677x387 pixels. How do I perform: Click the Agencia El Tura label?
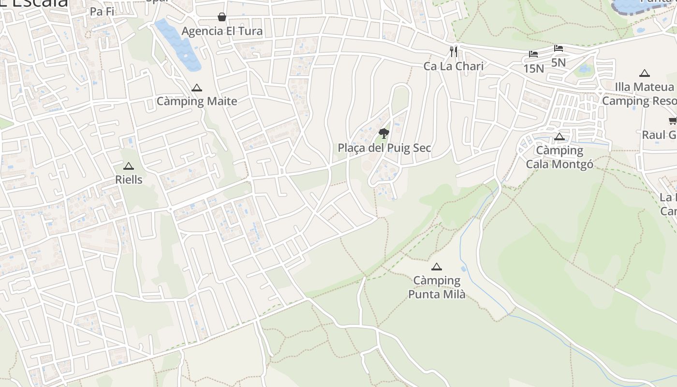point(222,31)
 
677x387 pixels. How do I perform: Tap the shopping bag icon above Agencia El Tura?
point(222,17)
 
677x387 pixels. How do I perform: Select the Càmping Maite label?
point(197,101)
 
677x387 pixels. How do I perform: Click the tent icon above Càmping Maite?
point(196,88)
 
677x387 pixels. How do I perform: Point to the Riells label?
point(129,179)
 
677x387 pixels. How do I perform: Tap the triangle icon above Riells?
point(128,166)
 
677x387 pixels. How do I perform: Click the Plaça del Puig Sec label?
point(384,148)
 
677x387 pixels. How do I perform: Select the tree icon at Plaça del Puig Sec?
point(384,133)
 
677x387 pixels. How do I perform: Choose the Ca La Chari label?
point(453,66)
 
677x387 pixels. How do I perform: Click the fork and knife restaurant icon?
point(454,51)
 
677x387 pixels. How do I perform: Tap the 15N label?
point(533,68)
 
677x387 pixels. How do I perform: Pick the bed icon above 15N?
point(533,54)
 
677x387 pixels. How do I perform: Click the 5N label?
point(558,62)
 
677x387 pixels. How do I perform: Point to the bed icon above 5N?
point(559,48)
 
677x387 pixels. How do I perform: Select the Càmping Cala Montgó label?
point(559,157)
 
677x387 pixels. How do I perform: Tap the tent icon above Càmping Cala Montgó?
point(559,137)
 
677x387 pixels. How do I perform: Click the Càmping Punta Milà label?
point(437,287)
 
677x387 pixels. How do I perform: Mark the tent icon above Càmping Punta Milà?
point(437,267)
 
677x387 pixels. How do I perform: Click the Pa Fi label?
point(102,12)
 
